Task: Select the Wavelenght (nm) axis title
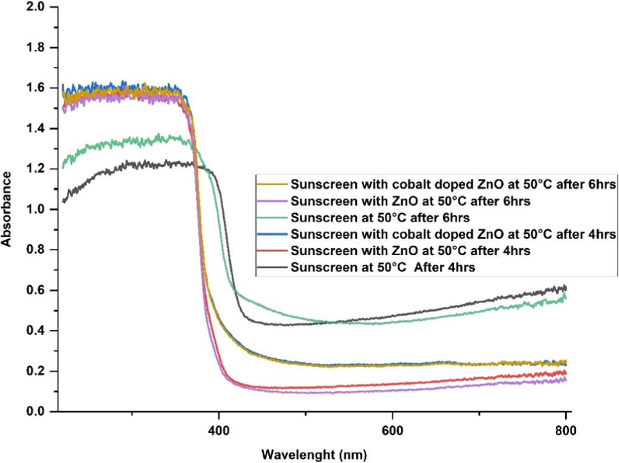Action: tap(314, 454)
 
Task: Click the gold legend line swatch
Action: tap(273, 184)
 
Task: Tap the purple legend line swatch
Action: tap(273, 200)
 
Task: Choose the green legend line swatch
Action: tap(273, 217)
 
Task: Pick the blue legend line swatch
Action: tap(273, 234)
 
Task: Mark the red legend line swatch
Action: tap(273, 250)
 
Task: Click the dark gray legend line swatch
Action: tap(273, 266)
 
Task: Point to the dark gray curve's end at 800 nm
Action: tap(565, 287)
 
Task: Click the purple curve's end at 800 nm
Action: tap(565, 379)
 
